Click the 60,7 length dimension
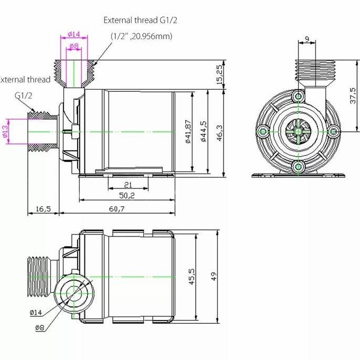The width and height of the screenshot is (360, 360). [117, 208]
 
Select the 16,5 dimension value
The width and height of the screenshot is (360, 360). [43, 208]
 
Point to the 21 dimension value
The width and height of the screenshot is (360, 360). [128, 184]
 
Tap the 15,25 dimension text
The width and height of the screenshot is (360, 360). [219, 74]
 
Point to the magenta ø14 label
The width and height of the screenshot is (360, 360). [73, 35]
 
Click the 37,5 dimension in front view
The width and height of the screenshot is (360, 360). [354, 96]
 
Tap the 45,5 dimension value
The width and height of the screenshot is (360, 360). [192, 276]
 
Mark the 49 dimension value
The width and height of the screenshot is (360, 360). [214, 276]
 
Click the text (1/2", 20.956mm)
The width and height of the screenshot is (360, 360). [141, 36]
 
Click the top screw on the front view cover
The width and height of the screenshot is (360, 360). [299, 97]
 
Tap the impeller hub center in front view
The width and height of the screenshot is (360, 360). [298, 131]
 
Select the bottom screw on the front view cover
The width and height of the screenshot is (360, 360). [299, 166]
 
